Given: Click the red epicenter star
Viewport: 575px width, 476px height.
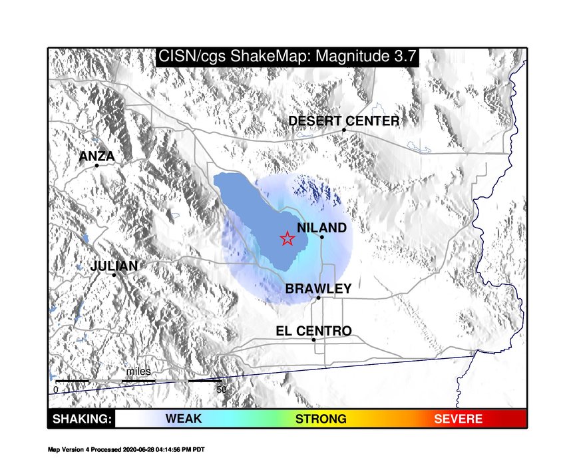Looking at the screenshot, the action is click(287, 239).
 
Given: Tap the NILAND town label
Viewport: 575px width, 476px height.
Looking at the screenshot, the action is click(321, 228).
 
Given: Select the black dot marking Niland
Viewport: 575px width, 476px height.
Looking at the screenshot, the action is click(322, 237).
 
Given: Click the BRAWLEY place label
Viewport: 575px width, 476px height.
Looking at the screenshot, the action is click(318, 289).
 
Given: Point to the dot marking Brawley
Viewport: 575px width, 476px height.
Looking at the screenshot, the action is click(318, 298).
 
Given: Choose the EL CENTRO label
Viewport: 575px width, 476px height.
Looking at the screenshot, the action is click(314, 331).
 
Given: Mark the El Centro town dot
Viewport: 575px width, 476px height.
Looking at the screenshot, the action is click(313, 340).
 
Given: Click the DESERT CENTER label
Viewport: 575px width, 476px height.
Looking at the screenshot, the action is click(344, 121).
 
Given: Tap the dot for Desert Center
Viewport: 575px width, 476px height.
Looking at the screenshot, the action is click(344, 130).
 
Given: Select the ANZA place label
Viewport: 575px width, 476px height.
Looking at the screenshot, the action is click(96, 156).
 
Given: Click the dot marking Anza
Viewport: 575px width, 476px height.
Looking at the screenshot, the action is click(96, 165).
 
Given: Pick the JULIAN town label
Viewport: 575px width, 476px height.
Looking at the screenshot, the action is click(114, 266).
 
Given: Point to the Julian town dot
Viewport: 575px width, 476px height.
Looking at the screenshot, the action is click(114, 275).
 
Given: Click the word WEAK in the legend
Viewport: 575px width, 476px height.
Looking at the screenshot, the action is click(184, 419).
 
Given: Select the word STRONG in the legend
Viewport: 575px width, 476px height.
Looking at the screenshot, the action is click(321, 419).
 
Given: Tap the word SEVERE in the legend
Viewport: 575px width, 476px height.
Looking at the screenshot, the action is click(459, 419).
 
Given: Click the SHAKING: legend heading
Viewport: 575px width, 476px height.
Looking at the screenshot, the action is click(82, 419).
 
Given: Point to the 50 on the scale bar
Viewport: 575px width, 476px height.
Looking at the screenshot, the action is click(222, 389).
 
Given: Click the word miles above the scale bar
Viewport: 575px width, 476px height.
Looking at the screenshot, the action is click(138, 371).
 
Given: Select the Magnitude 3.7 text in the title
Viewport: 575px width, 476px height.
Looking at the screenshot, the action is click(366, 57).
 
